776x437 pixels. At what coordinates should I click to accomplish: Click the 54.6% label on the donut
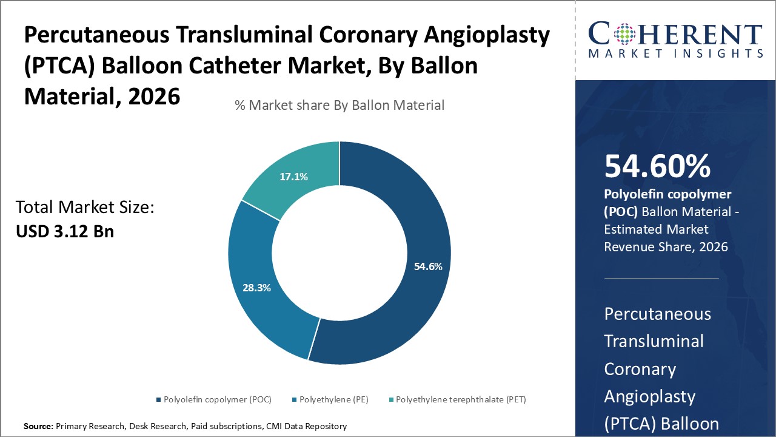[428, 266]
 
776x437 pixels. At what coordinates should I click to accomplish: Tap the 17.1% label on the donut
[293, 177]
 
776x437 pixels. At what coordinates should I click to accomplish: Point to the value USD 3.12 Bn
[65, 231]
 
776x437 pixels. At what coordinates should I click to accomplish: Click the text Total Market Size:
[85, 208]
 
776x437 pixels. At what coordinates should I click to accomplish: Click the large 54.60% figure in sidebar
[657, 166]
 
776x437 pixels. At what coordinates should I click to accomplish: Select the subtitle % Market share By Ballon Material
[339, 105]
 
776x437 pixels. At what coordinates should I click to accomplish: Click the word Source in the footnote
[38, 427]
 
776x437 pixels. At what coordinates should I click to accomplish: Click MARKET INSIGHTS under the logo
[675, 54]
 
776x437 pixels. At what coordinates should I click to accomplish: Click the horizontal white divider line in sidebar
[661, 279]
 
